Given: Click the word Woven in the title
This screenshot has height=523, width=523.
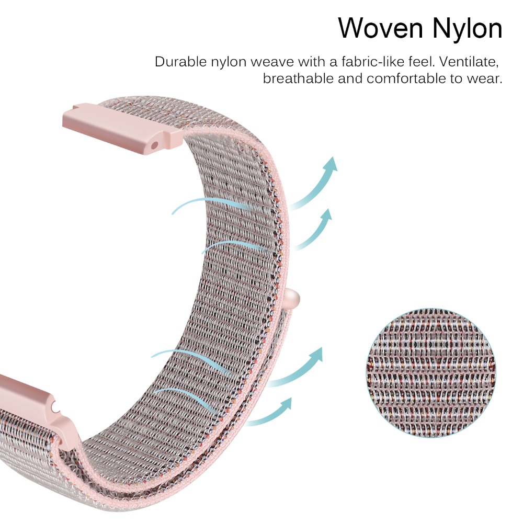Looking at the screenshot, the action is click(x=380, y=28).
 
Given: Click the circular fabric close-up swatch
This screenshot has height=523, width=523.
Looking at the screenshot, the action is click(x=430, y=373).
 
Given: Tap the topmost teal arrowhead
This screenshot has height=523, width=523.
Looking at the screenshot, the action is click(x=331, y=164).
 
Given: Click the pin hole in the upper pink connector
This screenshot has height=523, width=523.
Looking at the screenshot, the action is click(x=154, y=145).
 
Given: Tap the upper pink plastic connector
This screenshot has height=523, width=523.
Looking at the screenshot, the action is click(x=123, y=129).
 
